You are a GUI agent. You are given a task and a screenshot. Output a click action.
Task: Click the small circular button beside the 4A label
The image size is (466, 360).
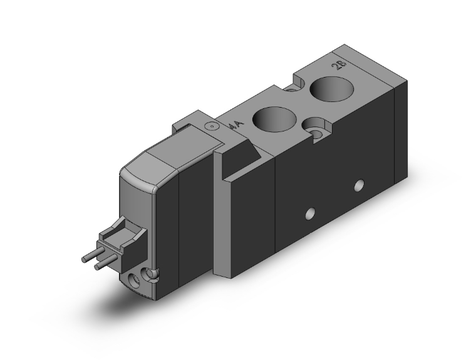212,126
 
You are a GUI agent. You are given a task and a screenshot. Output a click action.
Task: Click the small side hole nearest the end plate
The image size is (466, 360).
358,185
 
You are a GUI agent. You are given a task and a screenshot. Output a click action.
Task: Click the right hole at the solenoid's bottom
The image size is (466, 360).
150,274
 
